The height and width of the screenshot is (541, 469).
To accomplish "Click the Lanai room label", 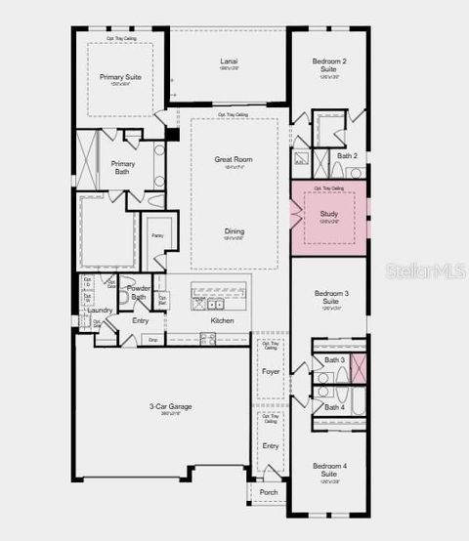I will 229,62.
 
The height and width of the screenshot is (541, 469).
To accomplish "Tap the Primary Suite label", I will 119,75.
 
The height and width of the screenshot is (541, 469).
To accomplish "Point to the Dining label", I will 234,231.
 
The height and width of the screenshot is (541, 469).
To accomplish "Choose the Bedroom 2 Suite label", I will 329,65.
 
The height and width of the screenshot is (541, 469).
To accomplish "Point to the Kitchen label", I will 223,320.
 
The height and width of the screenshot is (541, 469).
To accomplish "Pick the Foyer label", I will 271,371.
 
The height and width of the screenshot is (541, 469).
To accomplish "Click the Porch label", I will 269,492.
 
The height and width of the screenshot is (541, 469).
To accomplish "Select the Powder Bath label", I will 139,293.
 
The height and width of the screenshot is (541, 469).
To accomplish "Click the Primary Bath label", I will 123,168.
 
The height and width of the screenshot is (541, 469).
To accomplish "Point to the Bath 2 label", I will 348,155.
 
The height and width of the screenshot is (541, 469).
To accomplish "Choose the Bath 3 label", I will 335,360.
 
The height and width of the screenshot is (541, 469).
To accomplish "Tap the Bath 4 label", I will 335,407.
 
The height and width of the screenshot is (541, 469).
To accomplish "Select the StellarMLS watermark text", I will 426,269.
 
